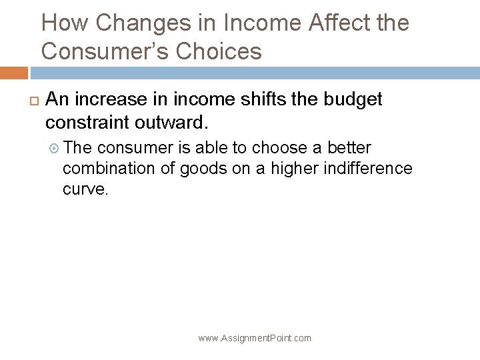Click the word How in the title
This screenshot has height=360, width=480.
pyautogui.click(x=65, y=24)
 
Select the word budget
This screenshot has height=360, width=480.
pyautogui.click(x=353, y=100)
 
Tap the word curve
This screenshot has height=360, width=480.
pyautogui.click(x=84, y=189)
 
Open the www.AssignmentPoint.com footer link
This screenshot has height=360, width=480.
pyautogui.click(x=255, y=339)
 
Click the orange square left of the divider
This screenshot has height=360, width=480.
pyautogui.click(x=14, y=73)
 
